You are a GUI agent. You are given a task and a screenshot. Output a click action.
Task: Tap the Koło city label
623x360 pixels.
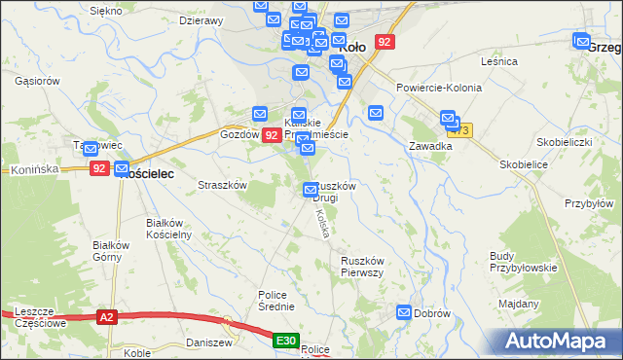point(349,44)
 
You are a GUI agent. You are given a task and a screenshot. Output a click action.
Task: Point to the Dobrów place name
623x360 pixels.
point(432,313)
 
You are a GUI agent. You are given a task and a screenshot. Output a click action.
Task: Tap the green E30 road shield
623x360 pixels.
point(284,341)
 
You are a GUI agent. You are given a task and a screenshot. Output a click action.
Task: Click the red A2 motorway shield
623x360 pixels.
point(108,316)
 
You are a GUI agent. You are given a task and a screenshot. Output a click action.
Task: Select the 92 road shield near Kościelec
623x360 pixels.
point(99,168)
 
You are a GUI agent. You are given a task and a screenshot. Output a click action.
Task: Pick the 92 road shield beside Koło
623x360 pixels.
point(386,42)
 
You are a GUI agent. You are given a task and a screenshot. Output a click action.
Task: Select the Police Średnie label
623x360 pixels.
point(276,301)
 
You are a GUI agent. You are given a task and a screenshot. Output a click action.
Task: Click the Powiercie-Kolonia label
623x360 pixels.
point(439,88)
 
